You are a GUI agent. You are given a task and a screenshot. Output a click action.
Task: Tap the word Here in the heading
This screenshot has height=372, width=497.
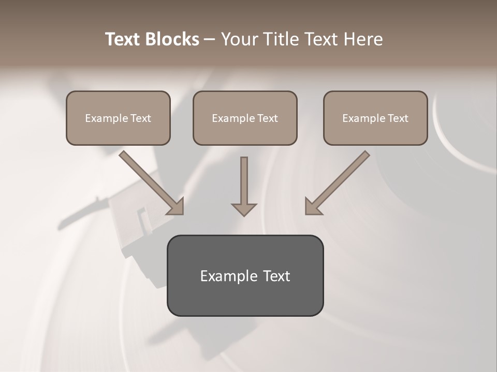(x=362, y=39)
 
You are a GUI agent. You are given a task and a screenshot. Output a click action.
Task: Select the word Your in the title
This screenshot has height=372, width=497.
(x=239, y=39)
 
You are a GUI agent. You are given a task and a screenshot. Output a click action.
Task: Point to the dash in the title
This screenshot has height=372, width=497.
(x=210, y=39)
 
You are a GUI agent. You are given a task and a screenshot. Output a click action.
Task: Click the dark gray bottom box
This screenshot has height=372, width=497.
(x=245, y=300)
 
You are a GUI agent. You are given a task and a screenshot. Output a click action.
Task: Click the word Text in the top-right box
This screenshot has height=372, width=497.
(x=398, y=118)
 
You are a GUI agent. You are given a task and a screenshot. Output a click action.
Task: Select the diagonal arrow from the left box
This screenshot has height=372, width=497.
(x=150, y=182)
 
